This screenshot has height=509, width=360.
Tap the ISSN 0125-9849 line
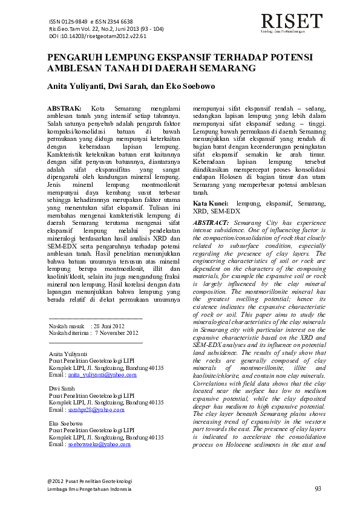[x=91, y=21]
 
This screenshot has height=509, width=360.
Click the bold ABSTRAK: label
[x=64, y=107]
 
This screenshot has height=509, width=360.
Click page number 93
[x=318, y=488]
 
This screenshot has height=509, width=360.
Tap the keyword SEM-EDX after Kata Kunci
[x=224, y=212]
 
